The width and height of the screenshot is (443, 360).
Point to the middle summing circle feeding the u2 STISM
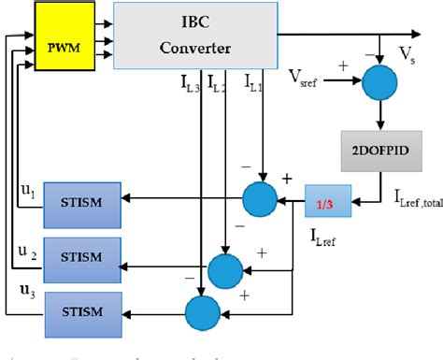tap(224, 270)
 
